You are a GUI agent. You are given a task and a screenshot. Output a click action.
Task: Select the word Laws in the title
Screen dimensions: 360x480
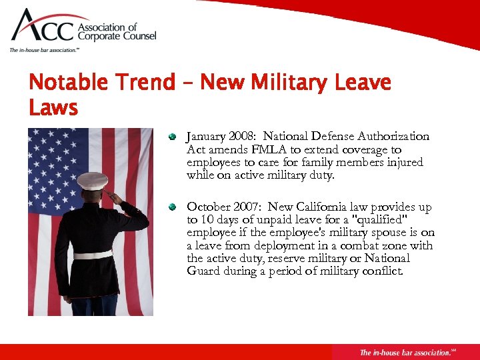click(x=53, y=107)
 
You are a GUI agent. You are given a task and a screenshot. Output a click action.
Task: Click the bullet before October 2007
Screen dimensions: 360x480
click(x=172, y=207)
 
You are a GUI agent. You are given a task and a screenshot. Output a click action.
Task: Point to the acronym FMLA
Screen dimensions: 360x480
click(x=249, y=149)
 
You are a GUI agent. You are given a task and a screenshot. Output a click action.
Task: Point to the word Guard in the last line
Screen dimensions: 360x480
click(x=204, y=271)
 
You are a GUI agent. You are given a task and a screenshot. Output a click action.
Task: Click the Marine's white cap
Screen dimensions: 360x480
click(x=92, y=180)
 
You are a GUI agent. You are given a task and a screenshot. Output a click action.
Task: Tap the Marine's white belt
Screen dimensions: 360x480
click(x=93, y=255)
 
